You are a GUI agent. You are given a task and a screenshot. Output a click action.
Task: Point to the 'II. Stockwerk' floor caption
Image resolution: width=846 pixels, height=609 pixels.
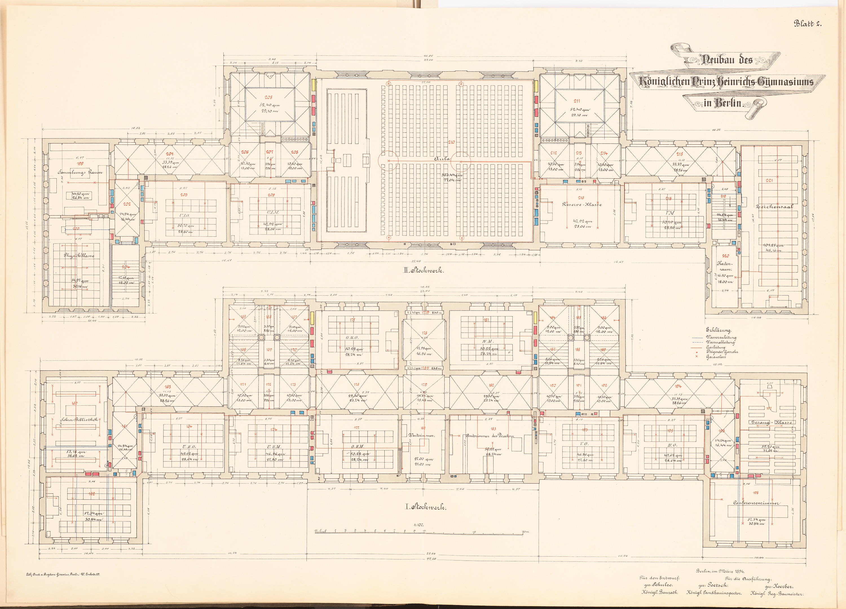click(423, 271)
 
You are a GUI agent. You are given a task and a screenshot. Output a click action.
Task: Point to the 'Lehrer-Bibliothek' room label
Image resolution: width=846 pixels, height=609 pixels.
click(79, 419)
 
